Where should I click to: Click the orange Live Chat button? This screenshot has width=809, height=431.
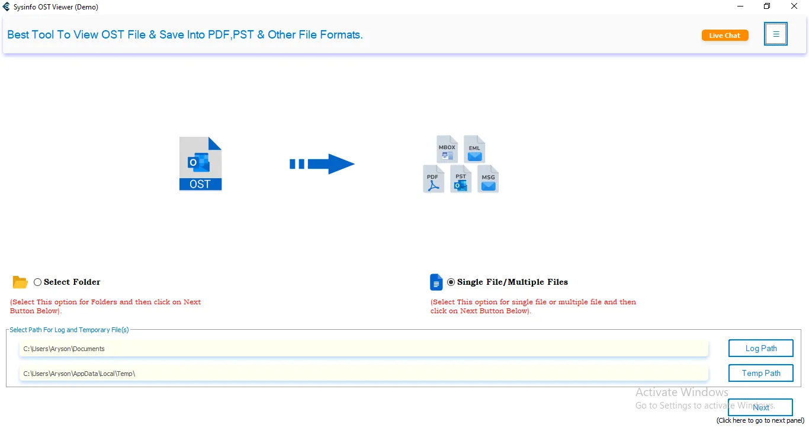point(725,36)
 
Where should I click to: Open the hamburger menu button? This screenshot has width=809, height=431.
point(776,34)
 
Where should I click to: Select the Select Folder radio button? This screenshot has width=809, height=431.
point(37,282)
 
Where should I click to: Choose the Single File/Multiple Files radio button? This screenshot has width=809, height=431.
point(451,282)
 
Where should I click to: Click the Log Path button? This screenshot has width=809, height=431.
point(761,348)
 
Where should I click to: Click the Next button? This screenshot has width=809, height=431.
point(760,407)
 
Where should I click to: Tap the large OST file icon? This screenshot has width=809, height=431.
point(200,163)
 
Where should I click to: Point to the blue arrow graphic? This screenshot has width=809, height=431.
point(322,164)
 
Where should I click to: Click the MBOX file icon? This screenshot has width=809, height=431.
point(447,149)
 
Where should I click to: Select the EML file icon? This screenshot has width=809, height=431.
point(474,149)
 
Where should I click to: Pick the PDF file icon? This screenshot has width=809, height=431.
point(434,179)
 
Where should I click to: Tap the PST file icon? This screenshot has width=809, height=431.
point(461,179)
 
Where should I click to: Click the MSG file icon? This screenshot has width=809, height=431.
point(488,179)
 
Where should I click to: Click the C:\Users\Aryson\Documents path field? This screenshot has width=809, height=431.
point(364,349)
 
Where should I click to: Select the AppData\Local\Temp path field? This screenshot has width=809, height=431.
point(364,373)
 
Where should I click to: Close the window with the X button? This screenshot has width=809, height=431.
point(794,6)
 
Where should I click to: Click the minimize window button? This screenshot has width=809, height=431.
point(740,6)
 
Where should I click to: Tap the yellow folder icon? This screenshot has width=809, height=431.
point(20,282)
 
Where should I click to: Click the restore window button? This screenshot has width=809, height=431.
point(767,6)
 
